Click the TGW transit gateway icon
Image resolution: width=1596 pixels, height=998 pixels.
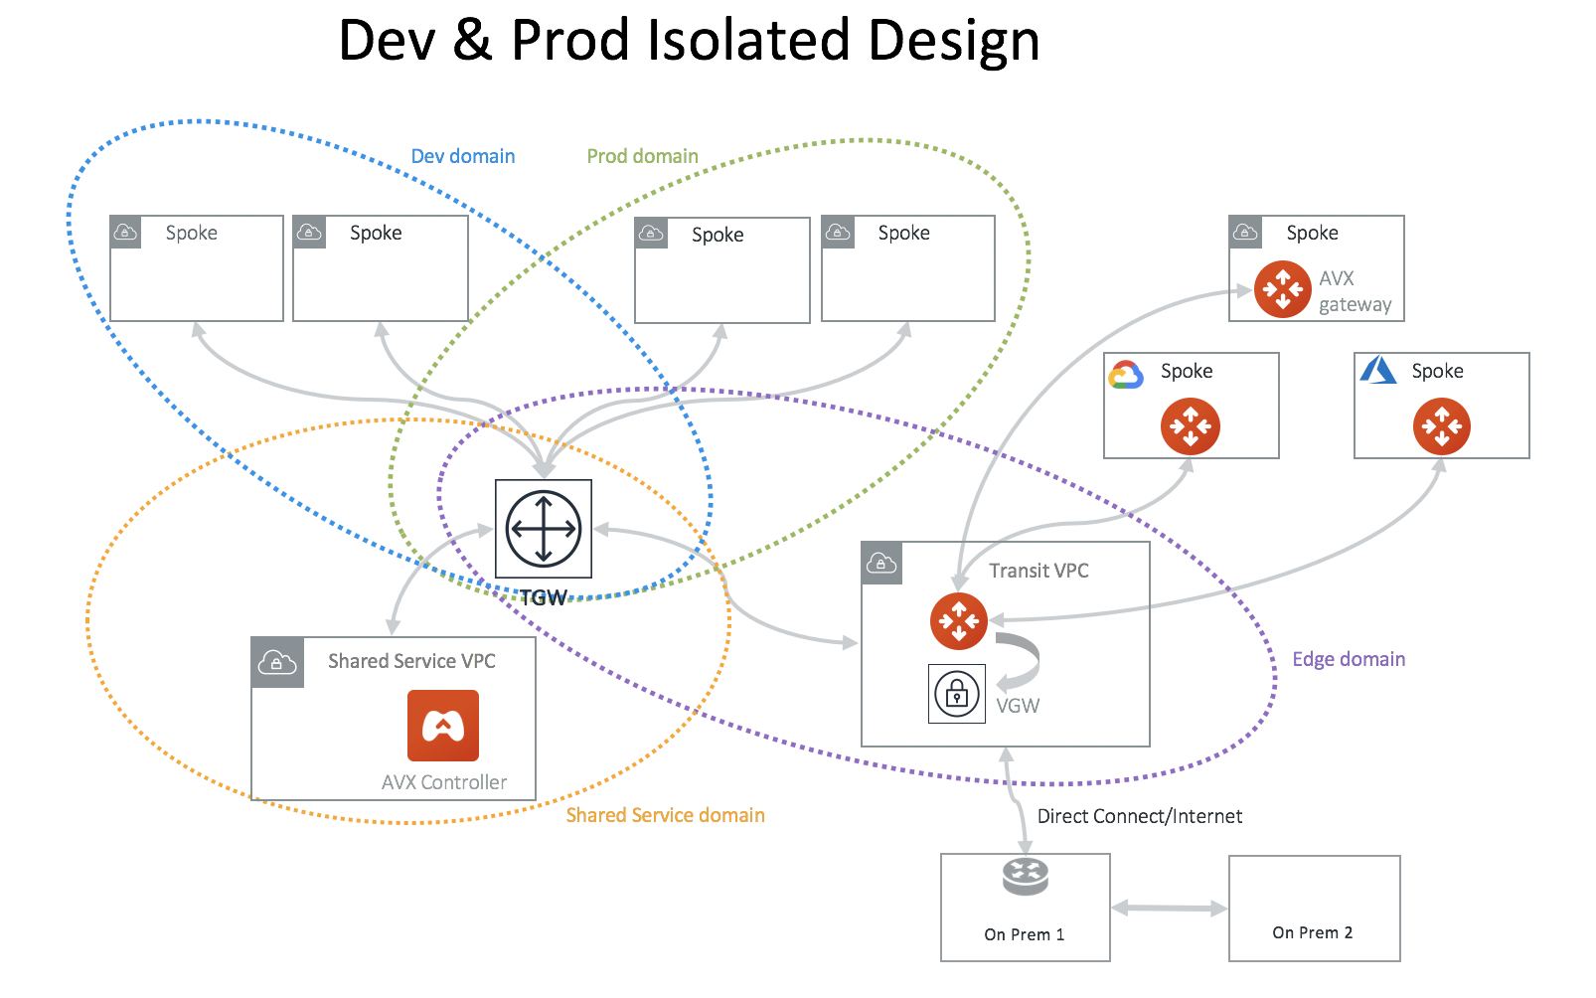pos(544,529)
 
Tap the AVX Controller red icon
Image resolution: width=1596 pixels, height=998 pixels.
pos(443,726)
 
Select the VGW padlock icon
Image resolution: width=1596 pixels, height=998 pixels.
pos(956,693)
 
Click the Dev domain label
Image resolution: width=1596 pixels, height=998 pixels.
pos(463,156)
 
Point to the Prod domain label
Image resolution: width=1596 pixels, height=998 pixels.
pos(642,156)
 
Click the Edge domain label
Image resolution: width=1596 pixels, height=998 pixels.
pos(1348,659)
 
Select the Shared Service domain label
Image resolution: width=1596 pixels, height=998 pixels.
pos(665,815)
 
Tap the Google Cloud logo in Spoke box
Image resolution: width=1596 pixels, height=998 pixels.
pos(1126,375)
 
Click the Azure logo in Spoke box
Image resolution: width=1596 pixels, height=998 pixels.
pos(1377,371)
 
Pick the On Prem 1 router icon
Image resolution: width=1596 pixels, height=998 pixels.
pos(1025,877)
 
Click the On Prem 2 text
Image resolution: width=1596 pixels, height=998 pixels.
pos(1312,932)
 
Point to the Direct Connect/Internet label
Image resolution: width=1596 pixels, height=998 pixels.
pos(1139,816)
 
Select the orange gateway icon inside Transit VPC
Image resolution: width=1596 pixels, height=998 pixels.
pos(958,621)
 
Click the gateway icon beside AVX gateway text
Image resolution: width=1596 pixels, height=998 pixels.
pos(1282,289)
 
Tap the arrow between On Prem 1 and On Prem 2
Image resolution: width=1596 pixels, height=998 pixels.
pos(1169,908)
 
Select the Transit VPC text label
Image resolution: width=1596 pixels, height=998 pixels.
pos(1038,571)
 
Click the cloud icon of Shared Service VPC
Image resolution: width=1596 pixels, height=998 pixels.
pos(277,663)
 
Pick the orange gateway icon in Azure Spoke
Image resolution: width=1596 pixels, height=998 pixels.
pos(1441,426)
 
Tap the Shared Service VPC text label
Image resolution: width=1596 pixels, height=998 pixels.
pos(411,661)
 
